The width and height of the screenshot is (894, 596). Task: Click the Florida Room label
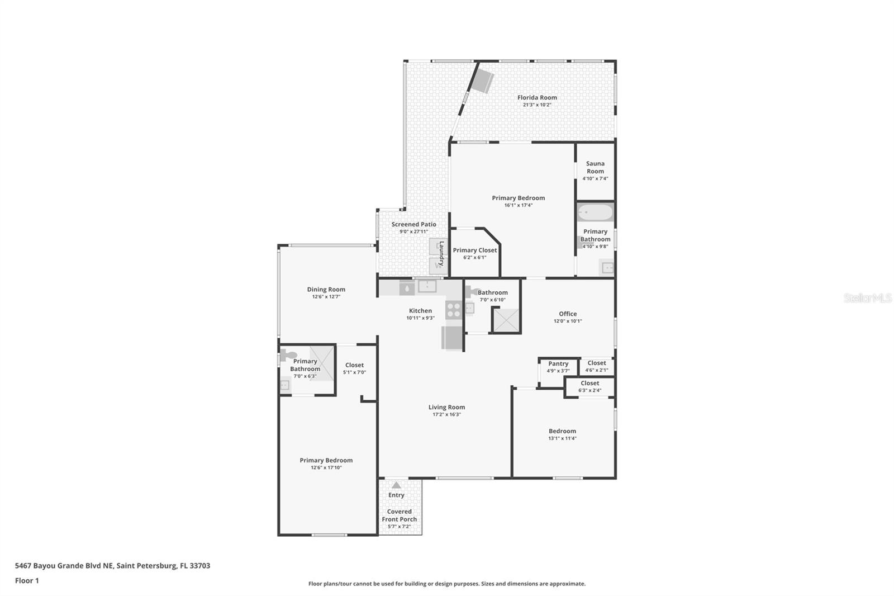537,98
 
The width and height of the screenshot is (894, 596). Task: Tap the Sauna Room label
595,167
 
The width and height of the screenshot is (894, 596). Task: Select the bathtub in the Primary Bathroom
595,213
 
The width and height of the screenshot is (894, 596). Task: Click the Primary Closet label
474,250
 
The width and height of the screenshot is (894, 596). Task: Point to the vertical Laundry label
441,253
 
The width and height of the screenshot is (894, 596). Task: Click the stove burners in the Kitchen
454,310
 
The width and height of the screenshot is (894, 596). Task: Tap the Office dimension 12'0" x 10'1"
568,321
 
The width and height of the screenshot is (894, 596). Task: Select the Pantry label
558,364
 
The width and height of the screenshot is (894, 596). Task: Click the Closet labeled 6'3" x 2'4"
589,384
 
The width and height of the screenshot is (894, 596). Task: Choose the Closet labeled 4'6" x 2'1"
596,363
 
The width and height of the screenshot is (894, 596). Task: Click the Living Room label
446,408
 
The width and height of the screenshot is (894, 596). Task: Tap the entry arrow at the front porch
396,485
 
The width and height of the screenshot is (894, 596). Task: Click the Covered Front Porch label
399,515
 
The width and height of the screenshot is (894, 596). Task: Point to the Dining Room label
326,290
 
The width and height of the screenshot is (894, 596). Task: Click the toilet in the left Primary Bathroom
288,354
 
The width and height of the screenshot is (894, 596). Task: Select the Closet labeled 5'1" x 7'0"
354,366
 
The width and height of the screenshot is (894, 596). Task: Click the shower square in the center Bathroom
506,320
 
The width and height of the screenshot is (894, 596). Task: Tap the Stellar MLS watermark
867,299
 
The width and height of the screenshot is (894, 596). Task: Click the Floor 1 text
27,581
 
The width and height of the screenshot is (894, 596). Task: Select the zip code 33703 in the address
199,566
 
